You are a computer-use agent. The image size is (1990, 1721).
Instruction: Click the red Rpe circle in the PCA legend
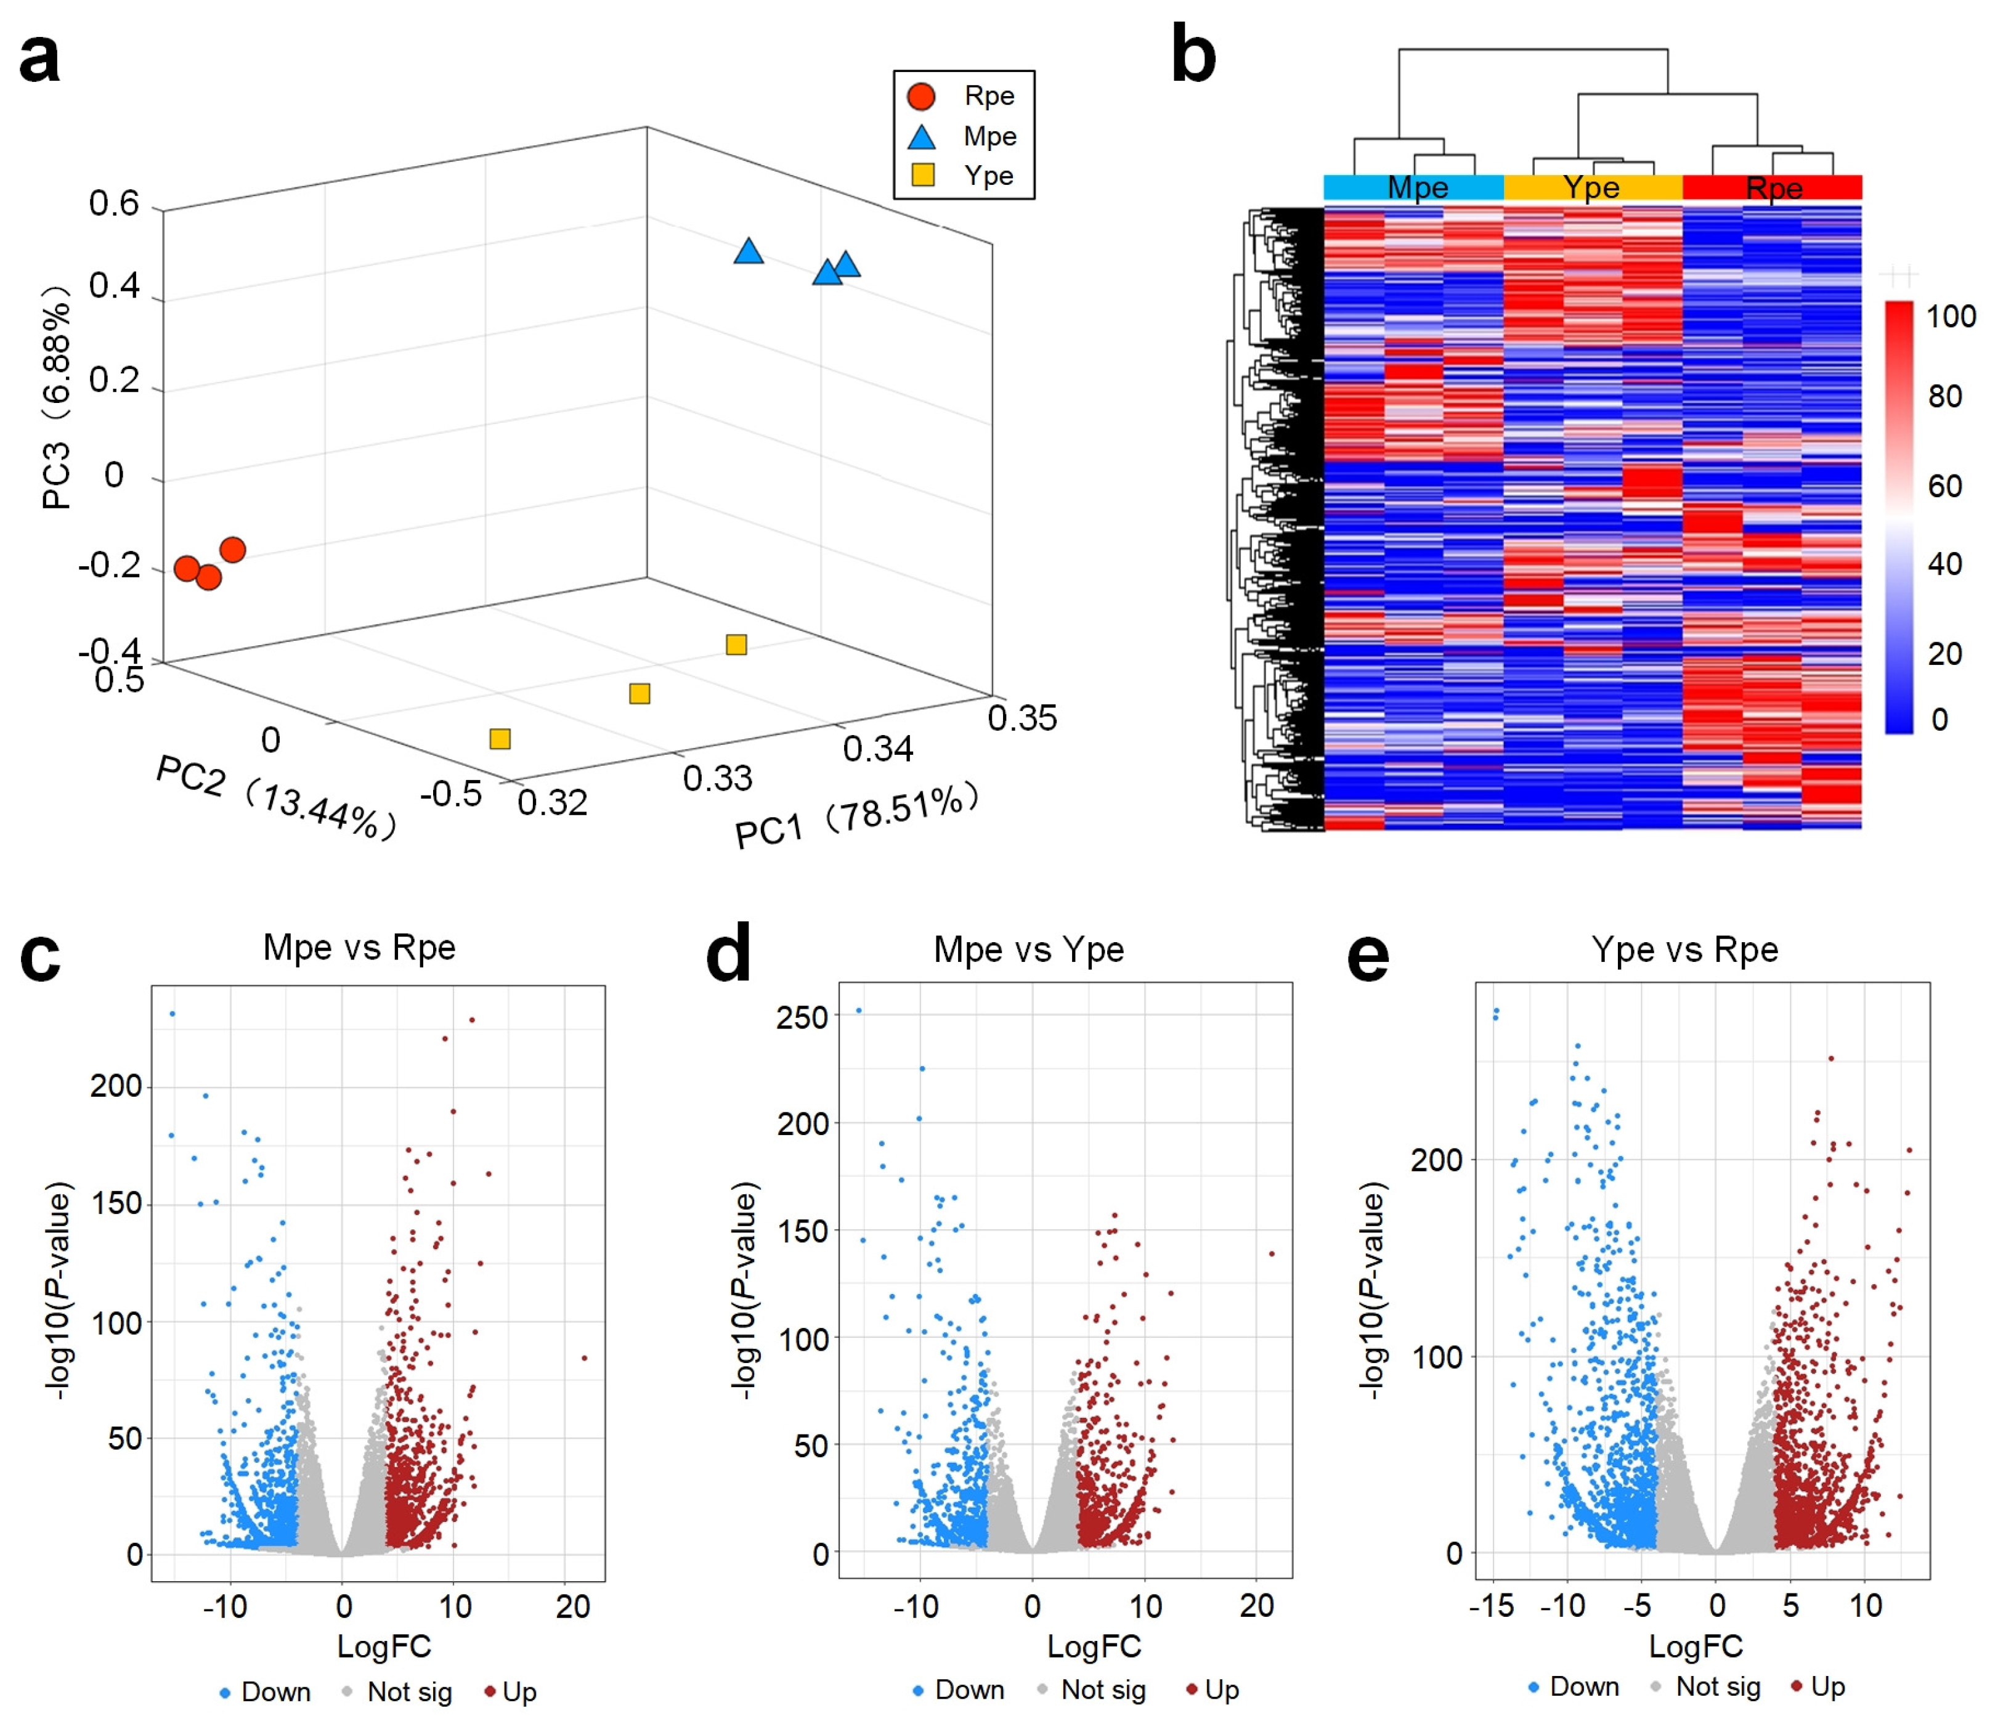click(x=921, y=96)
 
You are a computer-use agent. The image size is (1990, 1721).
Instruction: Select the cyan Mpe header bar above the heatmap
click(x=1413, y=187)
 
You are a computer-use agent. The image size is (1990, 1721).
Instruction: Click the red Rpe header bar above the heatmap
click(x=1772, y=187)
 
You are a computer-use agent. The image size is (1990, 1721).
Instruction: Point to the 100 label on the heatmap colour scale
click(x=1951, y=316)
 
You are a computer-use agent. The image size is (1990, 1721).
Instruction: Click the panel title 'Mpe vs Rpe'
click(x=359, y=947)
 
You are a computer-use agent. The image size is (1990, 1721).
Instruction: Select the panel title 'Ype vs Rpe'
click(x=1684, y=949)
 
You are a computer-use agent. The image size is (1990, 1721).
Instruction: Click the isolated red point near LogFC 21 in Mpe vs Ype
click(x=1272, y=1253)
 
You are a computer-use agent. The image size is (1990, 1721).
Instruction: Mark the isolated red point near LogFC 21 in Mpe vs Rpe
click(x=584, y=1358)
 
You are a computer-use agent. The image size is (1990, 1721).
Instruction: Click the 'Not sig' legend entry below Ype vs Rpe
click(x=1716, y=1686)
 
